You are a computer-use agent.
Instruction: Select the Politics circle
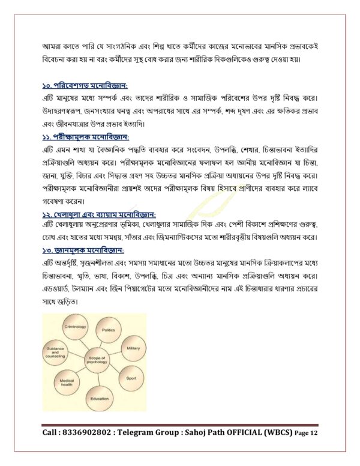tap(108, 330)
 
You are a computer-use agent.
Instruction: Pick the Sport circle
tap(131, 378)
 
